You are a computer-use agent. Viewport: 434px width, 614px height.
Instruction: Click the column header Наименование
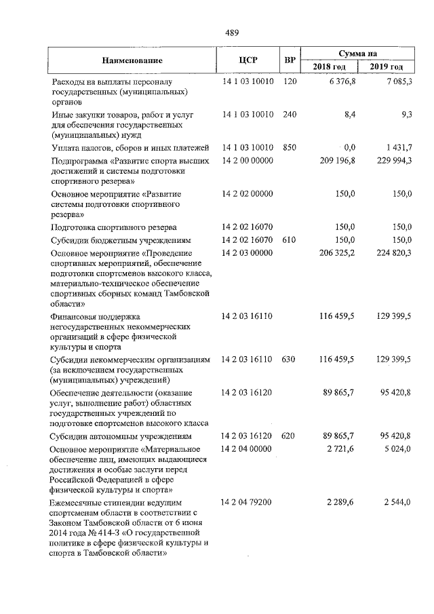coord(133,60)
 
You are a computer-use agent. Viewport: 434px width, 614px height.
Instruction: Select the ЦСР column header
coord(248,60)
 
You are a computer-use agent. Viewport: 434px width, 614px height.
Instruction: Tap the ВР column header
coord(290,60)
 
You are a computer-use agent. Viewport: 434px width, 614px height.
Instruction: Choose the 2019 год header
coord(387,66)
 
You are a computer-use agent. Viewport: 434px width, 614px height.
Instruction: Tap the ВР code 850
coord(290,147)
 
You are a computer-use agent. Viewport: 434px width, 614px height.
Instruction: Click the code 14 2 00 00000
coord(248,161)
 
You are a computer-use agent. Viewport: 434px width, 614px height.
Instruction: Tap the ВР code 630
coord(290,358)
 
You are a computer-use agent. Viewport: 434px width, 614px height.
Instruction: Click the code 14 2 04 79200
coord(248,503)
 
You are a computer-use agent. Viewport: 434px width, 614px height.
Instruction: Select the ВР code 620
coord(290,436)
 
